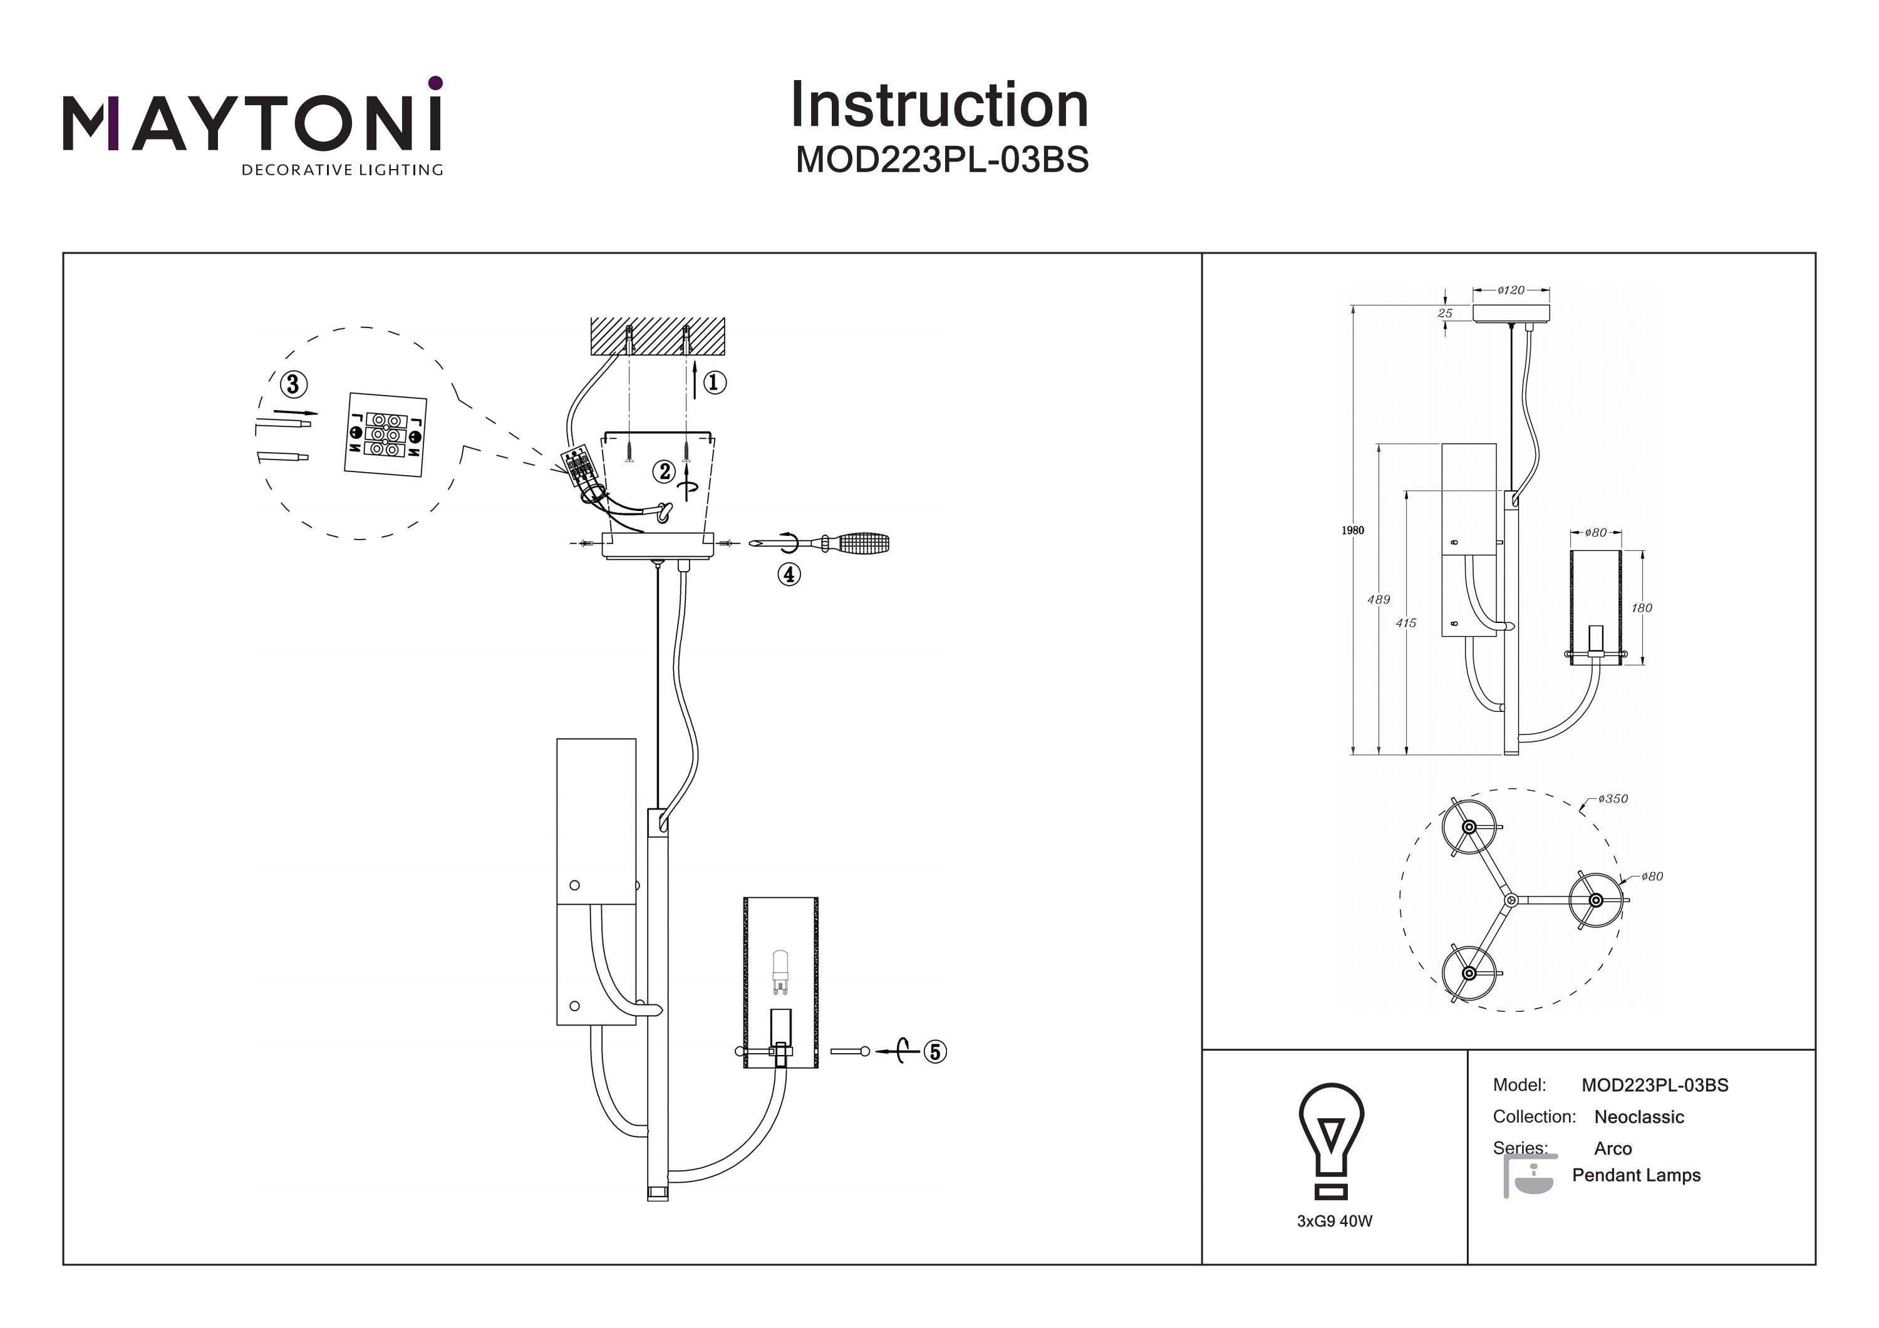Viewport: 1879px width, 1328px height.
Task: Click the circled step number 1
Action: tap(715, 382)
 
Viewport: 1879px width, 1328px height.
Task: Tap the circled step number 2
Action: tap(665, 471)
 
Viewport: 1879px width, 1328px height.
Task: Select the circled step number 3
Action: tap(294, 384)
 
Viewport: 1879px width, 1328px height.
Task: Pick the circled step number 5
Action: tap(935, 1051)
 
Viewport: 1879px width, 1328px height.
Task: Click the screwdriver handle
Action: tap(862, 542)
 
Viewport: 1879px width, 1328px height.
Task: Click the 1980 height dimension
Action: tap(1352, 530)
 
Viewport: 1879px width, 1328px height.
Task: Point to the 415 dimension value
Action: tap(1406, 623)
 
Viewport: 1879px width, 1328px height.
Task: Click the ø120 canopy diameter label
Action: tap(1511, 291)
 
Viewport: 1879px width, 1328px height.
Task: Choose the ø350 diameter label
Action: tap(1612, 798)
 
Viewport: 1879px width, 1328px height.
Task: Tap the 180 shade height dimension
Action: tap(1642, 608)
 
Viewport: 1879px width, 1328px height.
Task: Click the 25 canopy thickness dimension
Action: tap(1445, 314)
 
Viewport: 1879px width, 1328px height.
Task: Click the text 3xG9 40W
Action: tap(1335, 1221)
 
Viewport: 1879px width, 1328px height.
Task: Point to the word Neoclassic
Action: tap(1638, 1117)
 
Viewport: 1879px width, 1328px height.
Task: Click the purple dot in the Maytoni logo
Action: tap(435, 83)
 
